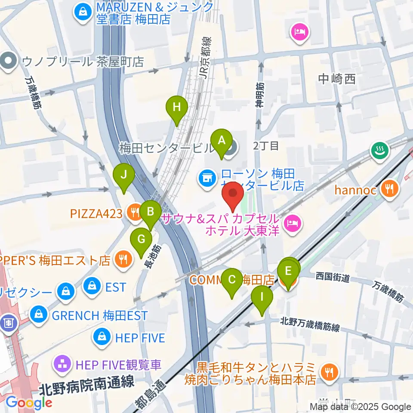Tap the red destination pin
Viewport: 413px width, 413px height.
(233, 196)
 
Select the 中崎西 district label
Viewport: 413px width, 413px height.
(337, 79)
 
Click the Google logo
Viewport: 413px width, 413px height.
(29, 402)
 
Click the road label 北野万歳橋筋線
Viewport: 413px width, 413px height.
(310, 324)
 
